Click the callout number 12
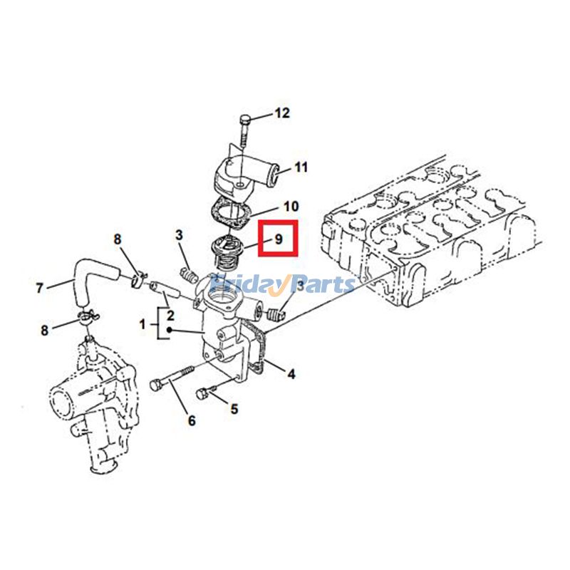click(282, 113)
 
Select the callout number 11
click(301, 168)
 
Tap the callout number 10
click(291, 207)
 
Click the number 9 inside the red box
click(279, 239)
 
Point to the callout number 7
click(39, 288)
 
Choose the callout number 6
click(191, 420)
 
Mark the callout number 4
click(291, 372)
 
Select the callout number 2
click(170, 314)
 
